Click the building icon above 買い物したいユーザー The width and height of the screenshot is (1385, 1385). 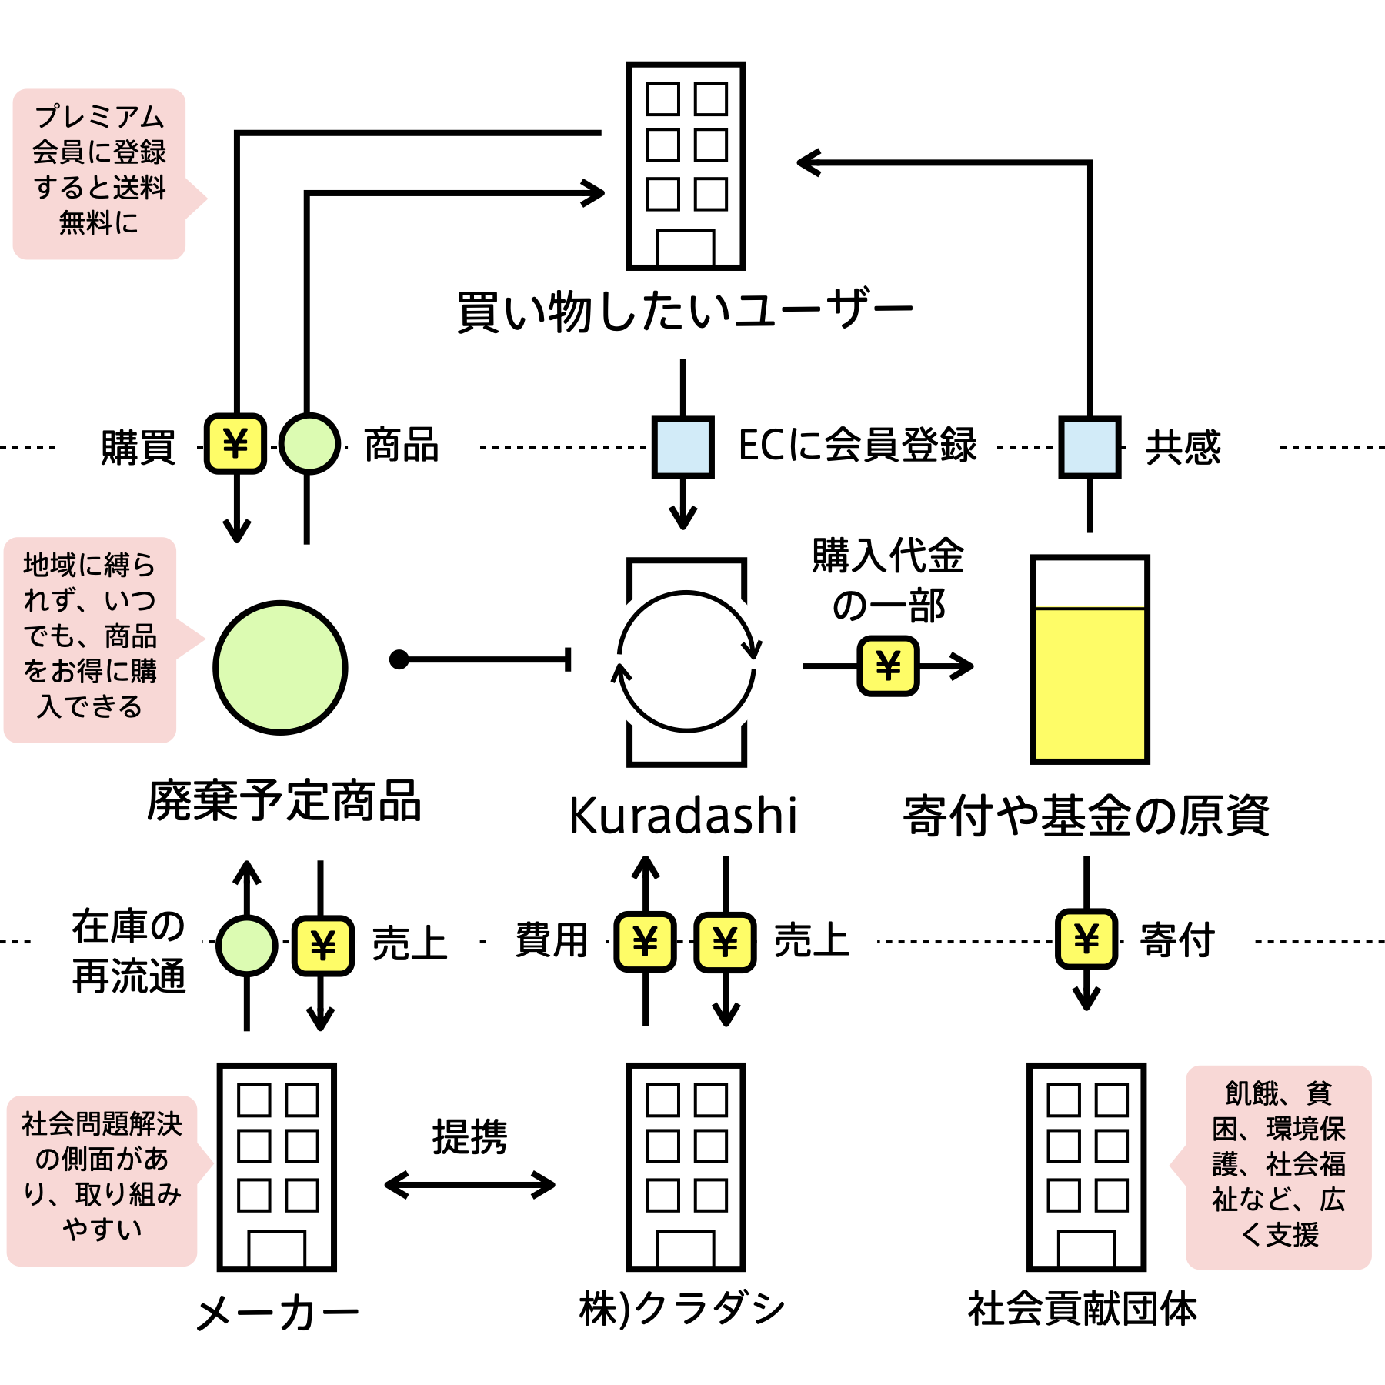click(x=686, y=165)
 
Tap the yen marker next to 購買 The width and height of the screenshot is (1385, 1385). click(x=235, y=444)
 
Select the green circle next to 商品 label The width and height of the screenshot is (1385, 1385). click(x=309, y=444)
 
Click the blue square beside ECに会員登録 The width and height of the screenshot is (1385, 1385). click(x=682, y=447)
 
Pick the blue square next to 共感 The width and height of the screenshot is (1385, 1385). click(x=1090, y=447)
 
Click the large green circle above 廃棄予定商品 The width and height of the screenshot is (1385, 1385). click(x=280, y=667)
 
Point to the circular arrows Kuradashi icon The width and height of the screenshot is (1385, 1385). click(x=686, y=662)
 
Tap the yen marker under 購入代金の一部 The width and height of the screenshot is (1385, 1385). click(x=888, y=666)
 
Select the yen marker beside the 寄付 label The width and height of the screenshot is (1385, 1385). click(x=1086, y=939)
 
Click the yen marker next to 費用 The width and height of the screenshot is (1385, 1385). click(x=645, y=941)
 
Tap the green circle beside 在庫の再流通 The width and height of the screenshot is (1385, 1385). click(x=247, y=945)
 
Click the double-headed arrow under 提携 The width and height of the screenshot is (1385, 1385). click(x=469, y=1184)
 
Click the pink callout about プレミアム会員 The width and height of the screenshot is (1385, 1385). click(x=99, y=174)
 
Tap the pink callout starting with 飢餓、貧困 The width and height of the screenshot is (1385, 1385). click(x=1278, y=1167)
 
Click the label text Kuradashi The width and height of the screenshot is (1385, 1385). click(x=682, y=816)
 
